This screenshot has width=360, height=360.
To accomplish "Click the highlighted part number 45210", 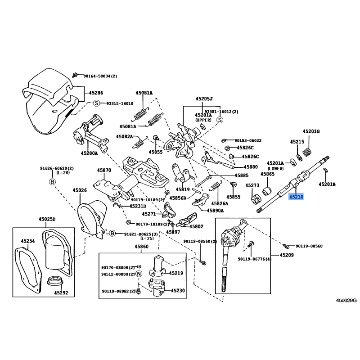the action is [x=296, y=197].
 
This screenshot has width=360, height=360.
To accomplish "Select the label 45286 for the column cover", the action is [x=96, y=93].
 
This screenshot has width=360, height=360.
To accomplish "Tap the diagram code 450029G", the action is [x=346, y=300].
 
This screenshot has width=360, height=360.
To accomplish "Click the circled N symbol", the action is [x=139, y=274].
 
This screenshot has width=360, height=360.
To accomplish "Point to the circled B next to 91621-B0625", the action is [x=112, y=234].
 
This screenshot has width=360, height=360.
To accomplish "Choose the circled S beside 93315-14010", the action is [x=97, y=103].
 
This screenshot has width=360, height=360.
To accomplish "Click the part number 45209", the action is [x=287, y=255].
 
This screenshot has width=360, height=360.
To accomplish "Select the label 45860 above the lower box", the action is [x=141, y=246].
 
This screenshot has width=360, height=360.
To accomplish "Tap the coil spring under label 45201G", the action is [x=308, y=152].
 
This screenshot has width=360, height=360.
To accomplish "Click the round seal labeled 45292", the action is [x=54, y=282].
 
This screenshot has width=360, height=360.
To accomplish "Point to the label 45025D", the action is [x=47, y=219].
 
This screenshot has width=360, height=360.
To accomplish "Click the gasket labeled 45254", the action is [x=28, y=269].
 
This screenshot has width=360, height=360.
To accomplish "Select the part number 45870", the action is [x=104, y=170].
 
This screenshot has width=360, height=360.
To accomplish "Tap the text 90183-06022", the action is [x=248, y=140].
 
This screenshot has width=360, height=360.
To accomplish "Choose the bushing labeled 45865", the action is [x=267, y=191].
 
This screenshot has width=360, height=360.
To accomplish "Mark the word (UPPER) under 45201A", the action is [x=203, y=120].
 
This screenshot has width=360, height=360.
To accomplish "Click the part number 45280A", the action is [x=89, y=153].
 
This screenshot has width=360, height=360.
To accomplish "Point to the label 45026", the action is [x=80, y=190].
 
